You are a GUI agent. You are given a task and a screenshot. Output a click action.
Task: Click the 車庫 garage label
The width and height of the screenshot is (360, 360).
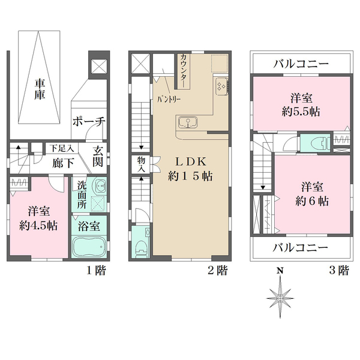[40, 89]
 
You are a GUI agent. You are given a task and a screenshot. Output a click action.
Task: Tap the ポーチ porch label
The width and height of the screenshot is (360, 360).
[89, 121]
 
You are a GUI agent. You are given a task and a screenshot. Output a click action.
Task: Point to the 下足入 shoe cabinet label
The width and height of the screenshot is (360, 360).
[62, 148]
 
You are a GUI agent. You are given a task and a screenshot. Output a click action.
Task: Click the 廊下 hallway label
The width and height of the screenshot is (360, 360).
[63, 163]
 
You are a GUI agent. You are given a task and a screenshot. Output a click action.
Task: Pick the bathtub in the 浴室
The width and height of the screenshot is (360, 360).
[89, 247]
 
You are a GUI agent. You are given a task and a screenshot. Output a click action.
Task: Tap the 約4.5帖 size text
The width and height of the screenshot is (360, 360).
[38, 226]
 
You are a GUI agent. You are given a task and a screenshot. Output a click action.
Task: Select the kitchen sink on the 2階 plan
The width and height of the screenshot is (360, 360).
[188, 122]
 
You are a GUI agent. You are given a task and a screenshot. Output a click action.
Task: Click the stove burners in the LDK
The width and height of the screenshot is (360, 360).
[221, 86]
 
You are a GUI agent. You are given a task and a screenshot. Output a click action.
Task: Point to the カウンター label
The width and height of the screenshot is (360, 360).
[184, 71]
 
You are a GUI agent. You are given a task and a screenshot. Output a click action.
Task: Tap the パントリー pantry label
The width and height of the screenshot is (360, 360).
[169, 100]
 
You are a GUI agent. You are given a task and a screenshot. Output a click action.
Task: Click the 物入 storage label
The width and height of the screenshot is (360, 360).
[141, 164]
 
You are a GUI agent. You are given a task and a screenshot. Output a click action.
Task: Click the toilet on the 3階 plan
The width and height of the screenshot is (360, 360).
[321, 143]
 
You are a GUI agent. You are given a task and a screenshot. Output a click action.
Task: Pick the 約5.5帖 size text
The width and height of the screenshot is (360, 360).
[301, 112]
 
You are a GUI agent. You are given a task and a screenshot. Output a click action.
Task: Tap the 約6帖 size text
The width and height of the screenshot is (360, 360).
[312, 202]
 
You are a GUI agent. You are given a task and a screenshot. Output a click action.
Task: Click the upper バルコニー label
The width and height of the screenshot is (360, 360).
[301, 64]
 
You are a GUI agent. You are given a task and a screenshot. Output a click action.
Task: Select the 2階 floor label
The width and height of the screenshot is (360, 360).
[218, 270]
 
